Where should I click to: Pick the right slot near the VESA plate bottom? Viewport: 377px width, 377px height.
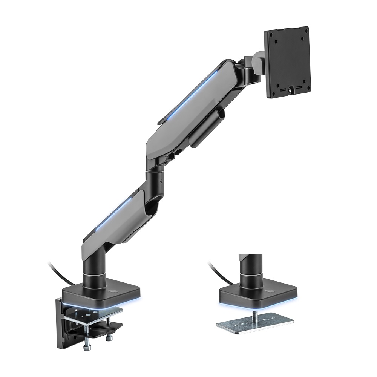click(x=299, y=88)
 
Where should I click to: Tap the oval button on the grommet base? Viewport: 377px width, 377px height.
click(x=270, y=291)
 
